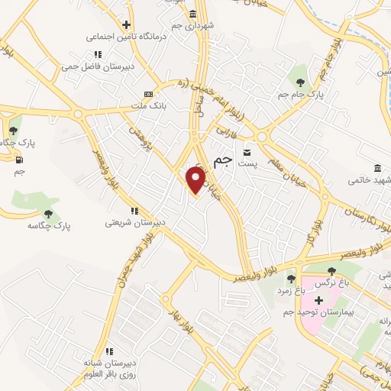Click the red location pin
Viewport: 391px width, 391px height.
click(196, 180)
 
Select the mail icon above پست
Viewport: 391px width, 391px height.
click(247, 150)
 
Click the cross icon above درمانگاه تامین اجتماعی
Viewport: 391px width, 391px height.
click(125, 24)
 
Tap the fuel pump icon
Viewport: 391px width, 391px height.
click(18, 160)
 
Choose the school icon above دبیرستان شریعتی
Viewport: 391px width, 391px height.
click(134, 211)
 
